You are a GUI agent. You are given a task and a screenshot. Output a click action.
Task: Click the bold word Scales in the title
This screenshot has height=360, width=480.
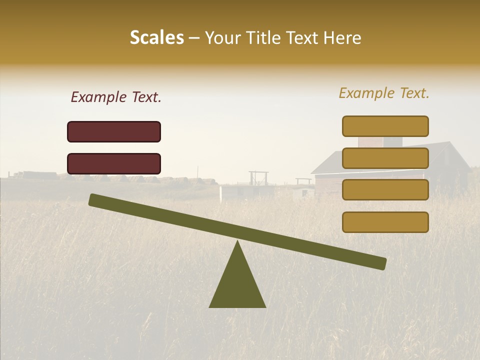(157, 37)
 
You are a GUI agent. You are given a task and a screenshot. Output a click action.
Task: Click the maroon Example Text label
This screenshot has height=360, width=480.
(116, 97)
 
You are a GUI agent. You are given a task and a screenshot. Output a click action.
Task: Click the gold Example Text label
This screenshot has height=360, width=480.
(384, 93)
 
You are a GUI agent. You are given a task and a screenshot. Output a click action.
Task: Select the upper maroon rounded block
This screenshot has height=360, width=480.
(114, 131)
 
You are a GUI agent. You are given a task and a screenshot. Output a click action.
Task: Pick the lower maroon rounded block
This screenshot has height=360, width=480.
(114, 163)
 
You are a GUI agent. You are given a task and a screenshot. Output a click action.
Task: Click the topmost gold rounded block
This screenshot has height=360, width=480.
(385, 126)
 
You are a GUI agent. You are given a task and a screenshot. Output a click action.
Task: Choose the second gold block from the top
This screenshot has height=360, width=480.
(385, 158)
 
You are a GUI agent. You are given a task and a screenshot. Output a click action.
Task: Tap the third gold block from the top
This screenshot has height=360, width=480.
(385, 190)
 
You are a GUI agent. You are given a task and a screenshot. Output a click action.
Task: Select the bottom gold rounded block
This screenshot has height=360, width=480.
(385, 222)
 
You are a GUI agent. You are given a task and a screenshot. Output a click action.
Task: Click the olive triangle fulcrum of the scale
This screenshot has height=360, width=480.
(237, 285)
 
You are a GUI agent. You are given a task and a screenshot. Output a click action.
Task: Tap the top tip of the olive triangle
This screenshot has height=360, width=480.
(237, 241)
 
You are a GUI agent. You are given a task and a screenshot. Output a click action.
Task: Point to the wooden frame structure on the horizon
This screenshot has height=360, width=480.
(258, 177)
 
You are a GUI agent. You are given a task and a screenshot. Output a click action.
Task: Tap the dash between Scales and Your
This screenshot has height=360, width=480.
(194, 38)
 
